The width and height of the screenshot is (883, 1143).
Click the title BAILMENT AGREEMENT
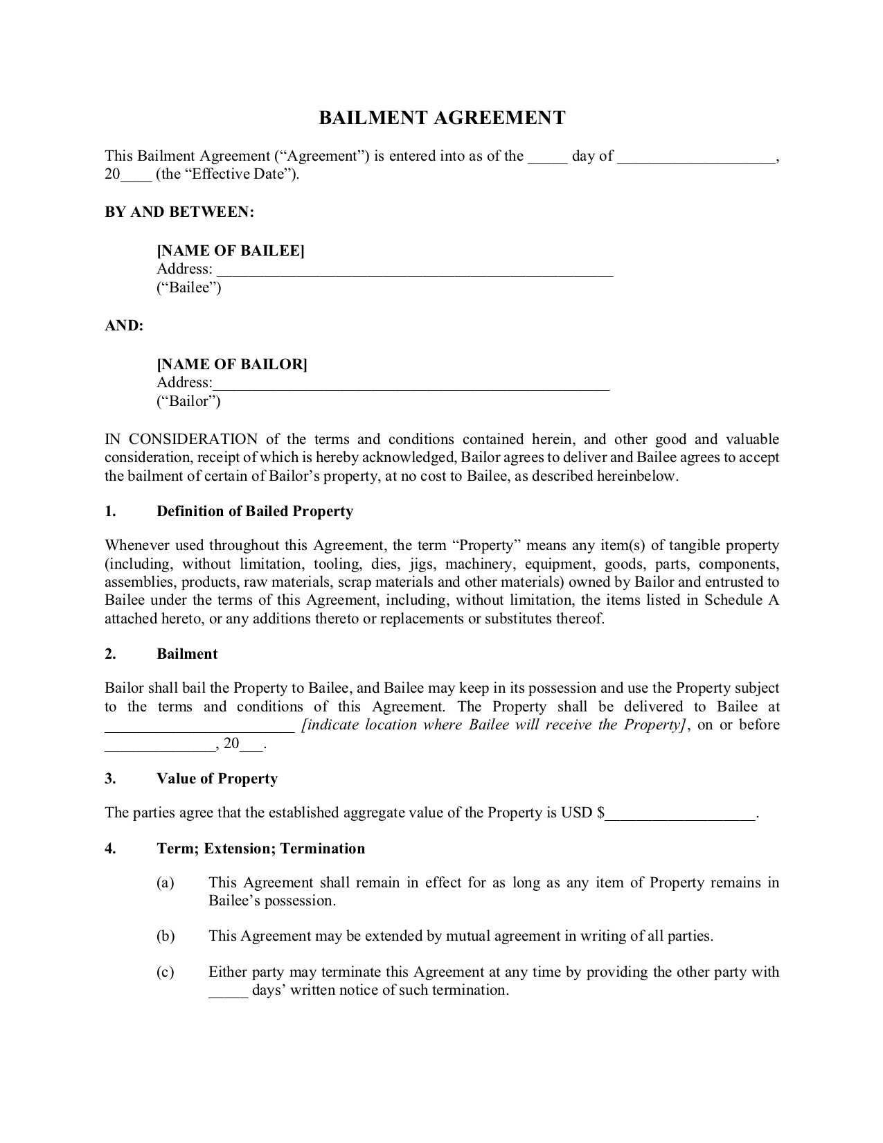[442, 118]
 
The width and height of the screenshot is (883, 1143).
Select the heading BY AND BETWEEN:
[179, 212]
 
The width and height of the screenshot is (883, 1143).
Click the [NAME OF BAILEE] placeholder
[231, 251]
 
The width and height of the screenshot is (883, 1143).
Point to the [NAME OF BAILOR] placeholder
[232, 364]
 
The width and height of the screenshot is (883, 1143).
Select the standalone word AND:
[124, 326]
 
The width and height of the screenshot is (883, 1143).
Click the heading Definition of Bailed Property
[255, 511]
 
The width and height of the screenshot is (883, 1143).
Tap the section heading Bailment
[187, 654]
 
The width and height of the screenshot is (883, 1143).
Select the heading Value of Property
[217, 779]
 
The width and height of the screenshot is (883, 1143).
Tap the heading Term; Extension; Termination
[260, 849]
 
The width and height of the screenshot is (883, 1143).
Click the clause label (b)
[166, 937]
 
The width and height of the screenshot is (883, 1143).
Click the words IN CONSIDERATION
[181, 439]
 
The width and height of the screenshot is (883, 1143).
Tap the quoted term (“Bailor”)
[188, 401]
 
